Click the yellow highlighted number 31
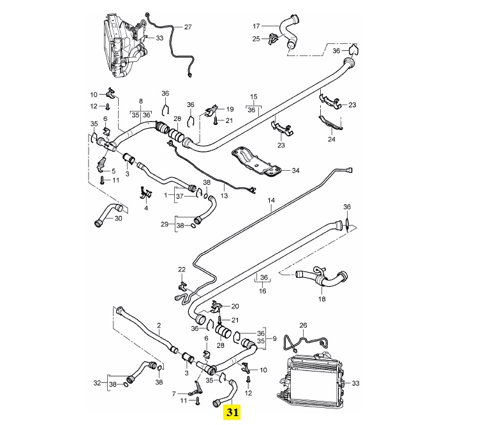point(232,412)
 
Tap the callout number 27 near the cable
point(188,27)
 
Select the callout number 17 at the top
point(256,26)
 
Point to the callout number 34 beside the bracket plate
point(295,170)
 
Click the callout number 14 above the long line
point(270,200)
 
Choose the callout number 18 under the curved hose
point(321,299)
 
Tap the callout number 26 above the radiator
point(303,325)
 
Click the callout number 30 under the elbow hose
point(118,219)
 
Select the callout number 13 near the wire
point(223,196)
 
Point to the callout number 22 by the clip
point(182,270)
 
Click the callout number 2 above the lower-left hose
point(158,325)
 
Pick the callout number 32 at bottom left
point(97,383)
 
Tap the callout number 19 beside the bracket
point(230,109)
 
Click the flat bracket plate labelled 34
point(255,161)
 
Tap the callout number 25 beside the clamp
point(256,40)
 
